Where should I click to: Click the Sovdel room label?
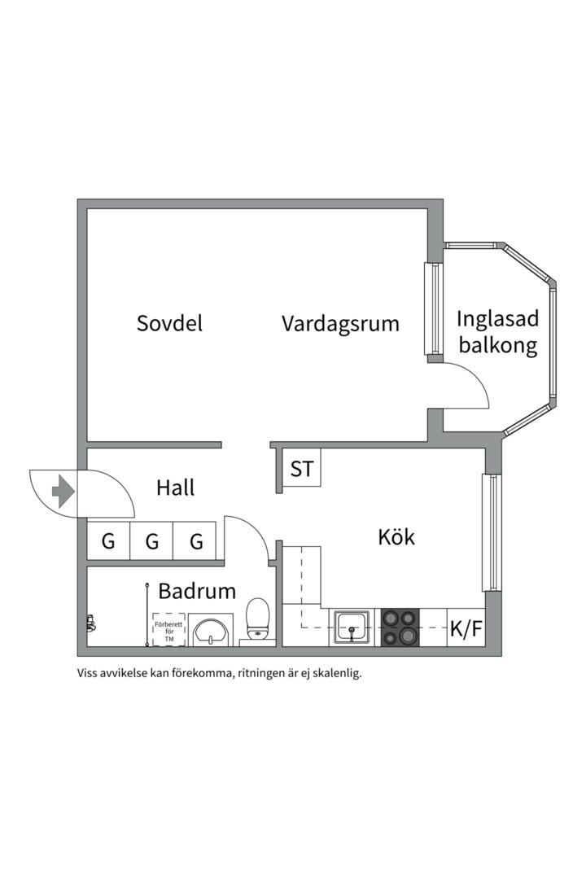click(x=169, y=323)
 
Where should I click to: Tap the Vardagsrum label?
click(x=340, y=323)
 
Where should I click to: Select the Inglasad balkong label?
click(x=497, y=332)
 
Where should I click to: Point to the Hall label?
click(x=175, y=488)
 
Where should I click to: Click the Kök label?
click(x=396, y=537)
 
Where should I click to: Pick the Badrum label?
click(x=197, y=591)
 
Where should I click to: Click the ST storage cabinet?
click(x=302, y=469)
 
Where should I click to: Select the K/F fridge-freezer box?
click(x=466, y=628)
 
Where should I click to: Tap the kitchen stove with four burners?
click(x=399, y=627)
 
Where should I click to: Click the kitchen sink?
click(x=352, y=627)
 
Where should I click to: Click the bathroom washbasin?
click(x=212, y=630)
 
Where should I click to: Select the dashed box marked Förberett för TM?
click(x=169, y=631)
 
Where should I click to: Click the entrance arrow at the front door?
click(x=63, y=492)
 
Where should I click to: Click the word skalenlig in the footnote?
click(x=335, y=673)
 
